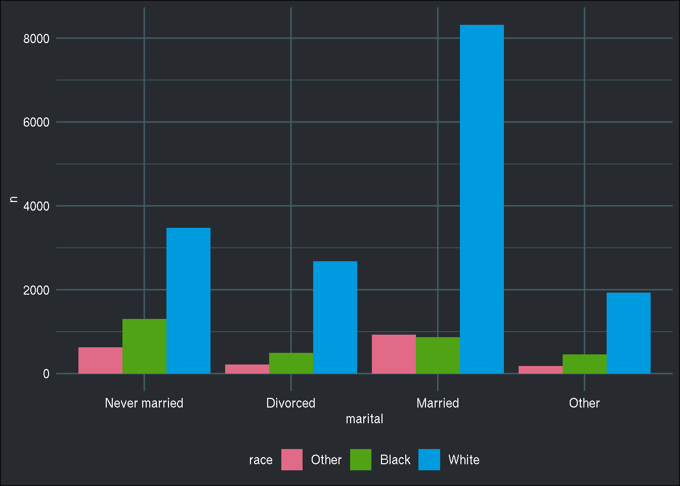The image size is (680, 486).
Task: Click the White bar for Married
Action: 482,199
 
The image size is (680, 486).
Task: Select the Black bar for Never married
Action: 144,346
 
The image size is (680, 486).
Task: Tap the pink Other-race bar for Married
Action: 394,354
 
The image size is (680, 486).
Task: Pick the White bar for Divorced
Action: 335,317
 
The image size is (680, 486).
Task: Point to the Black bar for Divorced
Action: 291,363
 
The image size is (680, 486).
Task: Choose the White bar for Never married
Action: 188,301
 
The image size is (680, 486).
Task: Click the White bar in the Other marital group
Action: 628,333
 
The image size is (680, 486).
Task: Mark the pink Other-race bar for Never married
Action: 100,360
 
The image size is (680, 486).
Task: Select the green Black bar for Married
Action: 438,355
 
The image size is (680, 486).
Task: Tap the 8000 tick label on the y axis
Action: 36,38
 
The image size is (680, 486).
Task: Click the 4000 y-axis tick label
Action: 36,206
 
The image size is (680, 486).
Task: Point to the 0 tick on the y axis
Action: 46,374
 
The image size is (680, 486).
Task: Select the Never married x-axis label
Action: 144,403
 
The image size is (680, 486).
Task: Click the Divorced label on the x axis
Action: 291,403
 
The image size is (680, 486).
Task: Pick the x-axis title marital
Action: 364,419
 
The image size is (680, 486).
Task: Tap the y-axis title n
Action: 14,199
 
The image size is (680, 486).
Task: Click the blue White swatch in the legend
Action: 429,460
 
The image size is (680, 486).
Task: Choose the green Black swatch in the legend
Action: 361,460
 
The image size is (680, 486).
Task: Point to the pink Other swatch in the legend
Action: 292,460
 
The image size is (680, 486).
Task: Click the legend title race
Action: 261,460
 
